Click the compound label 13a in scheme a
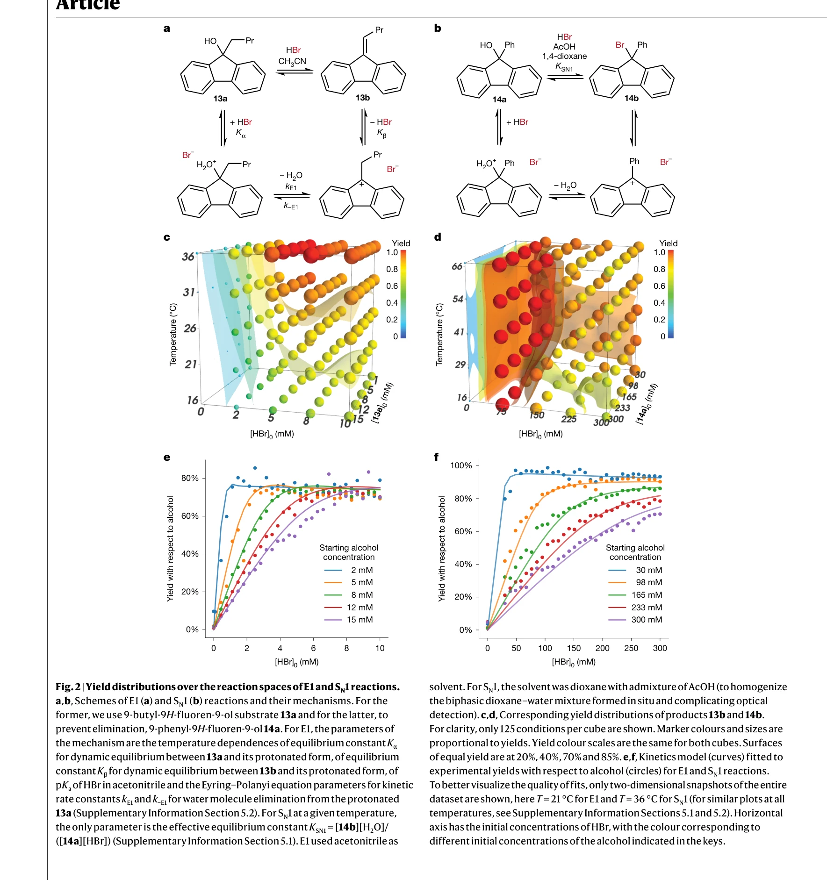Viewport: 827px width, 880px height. pyautogui.click(x=220, y=99)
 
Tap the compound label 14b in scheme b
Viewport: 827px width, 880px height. pyautogui.click(x=631, y=98)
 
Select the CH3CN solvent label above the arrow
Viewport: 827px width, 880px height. pyautogui.click(x=292, y=61)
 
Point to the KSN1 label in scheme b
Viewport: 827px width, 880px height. pyautogui.click(x=564, y=67)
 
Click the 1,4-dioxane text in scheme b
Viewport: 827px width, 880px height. pyautogui.click(x=564, y=56)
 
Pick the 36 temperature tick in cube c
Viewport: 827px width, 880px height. pyautogui.click(x=188, y=257)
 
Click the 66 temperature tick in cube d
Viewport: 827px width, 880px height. pyautogui.click(x=457, y=266)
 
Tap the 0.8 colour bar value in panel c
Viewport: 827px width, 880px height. pyautogui.click(x=392, y=269)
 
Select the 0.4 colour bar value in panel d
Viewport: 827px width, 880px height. pyautogui.click(x=659, y=303)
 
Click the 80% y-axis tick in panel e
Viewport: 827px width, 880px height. pyautogui.click(x=190, y=478)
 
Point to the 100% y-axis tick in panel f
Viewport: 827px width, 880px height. pyautogui.click(x=461, y=465)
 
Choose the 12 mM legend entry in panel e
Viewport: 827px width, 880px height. pyautogui.click(x=360, y=608)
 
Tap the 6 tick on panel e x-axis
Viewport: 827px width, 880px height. pyautogui.click(x=313, y=648)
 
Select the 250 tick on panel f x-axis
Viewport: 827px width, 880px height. pyautogui.click(x=631, y=648)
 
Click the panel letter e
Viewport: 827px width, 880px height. pyautogui.click(x=167, y=458)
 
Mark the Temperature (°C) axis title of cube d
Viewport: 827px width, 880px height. pyautogui.click(x=439, y=335)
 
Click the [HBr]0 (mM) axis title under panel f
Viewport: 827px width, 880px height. pyautogui.click(x=574, y=662)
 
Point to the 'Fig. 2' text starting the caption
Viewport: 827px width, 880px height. pyautogui.click(x=68, y=687)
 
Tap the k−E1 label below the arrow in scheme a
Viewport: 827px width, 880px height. pyautogui.click(x=291, y=206)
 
